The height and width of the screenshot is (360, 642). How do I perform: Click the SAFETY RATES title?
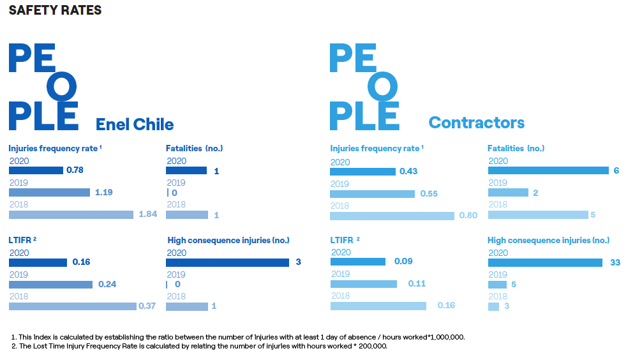pos(55,10)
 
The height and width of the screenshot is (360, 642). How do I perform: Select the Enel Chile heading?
pos(135,123)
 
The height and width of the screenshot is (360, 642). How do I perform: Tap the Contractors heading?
pos(476,122)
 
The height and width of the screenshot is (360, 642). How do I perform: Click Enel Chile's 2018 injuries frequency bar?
pos(71,214)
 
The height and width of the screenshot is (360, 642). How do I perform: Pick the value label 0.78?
pos(74,170)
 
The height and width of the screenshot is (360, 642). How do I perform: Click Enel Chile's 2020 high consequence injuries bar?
pos(228,262)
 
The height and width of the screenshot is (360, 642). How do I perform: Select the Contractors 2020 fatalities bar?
pos(548,170)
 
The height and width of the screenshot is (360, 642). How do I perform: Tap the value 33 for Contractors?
pos(615,262)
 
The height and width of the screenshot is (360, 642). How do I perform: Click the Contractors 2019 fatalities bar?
pos(508,193)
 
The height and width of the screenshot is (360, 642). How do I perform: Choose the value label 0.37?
pos(147,306)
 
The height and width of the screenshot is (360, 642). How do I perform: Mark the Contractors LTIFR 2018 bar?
pos(378,306)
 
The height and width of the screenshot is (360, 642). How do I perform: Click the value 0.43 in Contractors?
pos(408,172)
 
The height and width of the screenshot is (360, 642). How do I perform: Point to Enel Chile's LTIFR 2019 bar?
pos(50,284)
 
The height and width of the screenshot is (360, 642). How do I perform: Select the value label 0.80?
pos(468,215)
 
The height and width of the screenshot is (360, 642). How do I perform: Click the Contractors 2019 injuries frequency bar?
pos(372,193)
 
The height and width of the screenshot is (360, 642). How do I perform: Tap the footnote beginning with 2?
pos(199,346)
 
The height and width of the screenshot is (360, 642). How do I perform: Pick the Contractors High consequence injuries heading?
pos(548,241)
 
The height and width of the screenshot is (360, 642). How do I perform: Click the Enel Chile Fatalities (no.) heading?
pos(194,148)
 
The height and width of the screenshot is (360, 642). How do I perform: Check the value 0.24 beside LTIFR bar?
pos(107,284)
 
